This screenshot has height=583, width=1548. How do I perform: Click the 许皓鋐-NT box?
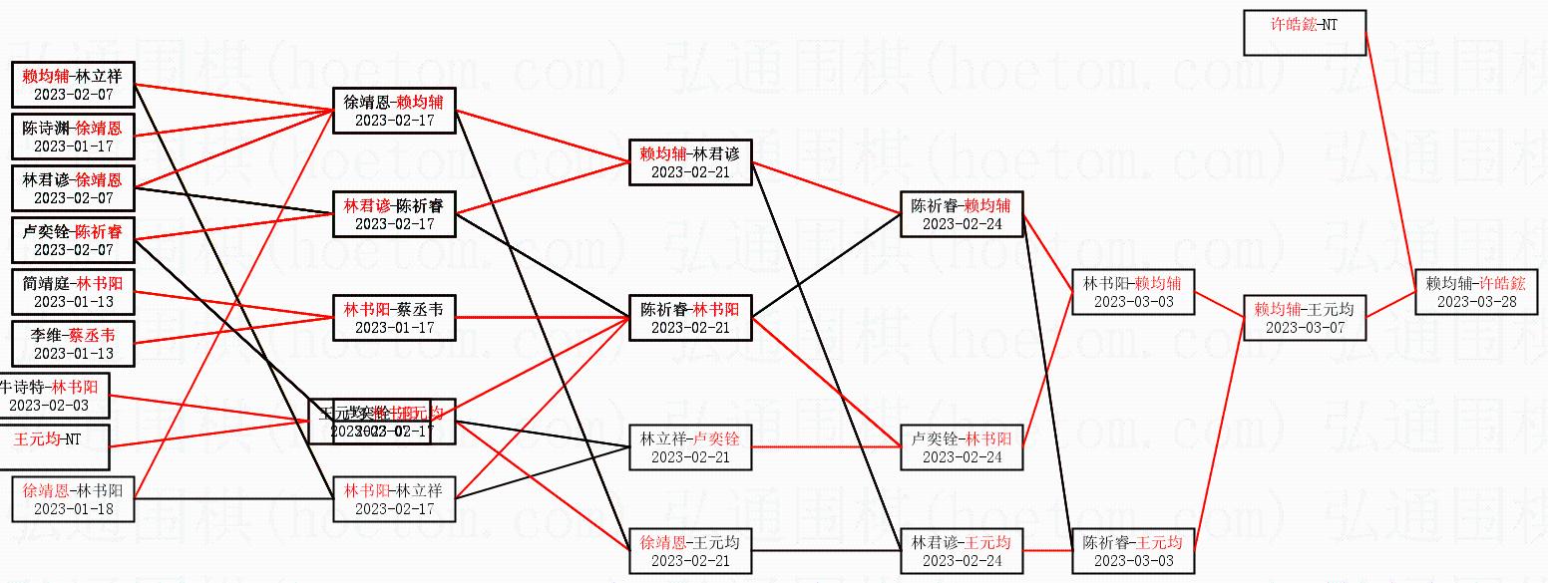(1304, 32)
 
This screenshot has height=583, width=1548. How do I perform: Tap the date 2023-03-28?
(1475, 301)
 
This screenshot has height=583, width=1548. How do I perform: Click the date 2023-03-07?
(1304, 327)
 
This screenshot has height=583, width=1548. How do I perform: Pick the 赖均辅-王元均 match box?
(1304, 318)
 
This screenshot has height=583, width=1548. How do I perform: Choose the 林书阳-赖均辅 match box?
(1132, 292)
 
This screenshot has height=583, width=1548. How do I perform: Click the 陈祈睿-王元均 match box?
(1132, 551)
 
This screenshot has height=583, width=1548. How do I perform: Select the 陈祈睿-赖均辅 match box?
(961, 214)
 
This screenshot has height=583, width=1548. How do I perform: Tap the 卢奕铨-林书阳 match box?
(961, 447)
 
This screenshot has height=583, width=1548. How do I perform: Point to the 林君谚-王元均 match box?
(961, 551)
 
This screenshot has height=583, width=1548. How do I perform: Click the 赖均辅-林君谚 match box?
(690, 162)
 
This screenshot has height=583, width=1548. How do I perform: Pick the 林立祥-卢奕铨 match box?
(690, 447)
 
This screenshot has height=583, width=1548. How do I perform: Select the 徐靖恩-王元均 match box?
(690, 551)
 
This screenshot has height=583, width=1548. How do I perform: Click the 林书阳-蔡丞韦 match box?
(394, 318)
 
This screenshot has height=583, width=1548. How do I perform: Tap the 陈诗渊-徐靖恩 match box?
(72, 137)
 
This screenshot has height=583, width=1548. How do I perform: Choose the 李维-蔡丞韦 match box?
(72, 344)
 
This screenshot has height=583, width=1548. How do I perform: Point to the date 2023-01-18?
(72, 508)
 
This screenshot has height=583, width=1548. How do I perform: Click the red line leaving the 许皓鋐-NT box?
(1389, 149)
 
